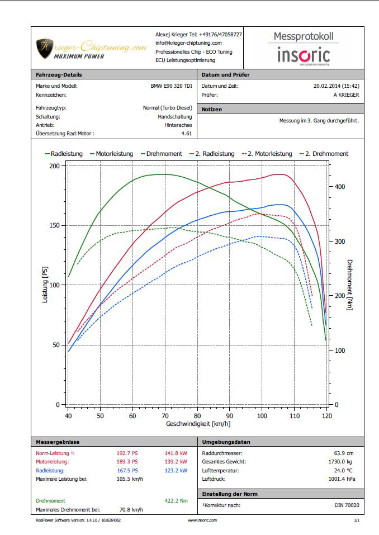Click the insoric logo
click(304, 55)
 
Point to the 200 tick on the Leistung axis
click(55, 166)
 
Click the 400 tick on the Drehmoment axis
click(339, 187)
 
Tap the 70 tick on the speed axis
click(165, 416)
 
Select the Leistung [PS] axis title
click(45, 285)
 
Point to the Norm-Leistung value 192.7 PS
click(127, 453)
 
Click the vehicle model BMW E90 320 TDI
click(171, 86)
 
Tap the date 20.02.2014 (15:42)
click(336, 86)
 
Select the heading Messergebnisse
click(55, 442)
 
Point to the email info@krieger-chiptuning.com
click(188, 43)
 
